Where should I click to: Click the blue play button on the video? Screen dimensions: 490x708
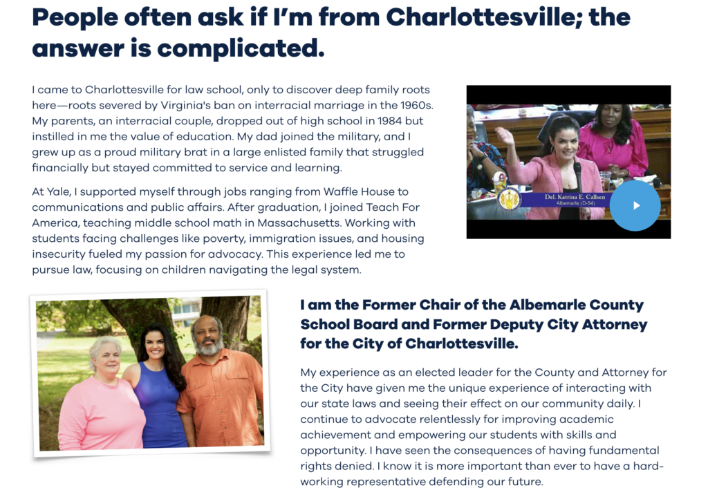pyautogui.click(x=635, y=205)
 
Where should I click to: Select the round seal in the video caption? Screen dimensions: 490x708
pyautogui.click(x=509, y=199)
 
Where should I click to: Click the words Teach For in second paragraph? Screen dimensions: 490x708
pyautogui.click(x=395, y=207)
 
